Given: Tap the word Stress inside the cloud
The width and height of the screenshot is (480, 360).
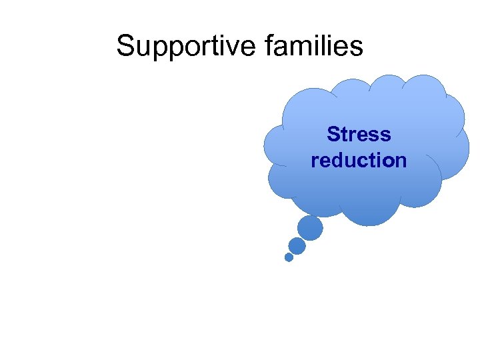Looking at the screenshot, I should pyautogui.click(x=359, y=135).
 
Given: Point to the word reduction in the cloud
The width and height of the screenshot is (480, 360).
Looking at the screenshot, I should pyautogui.click(x=359, y=161).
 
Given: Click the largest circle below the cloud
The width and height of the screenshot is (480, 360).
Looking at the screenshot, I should pyautogui.click(x=310, y=228).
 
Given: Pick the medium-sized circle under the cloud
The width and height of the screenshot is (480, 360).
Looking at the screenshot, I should pyautogui.click(x=297, y=246).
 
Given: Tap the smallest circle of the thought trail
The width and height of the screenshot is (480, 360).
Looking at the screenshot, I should pyautogui.click(x=289, y=257).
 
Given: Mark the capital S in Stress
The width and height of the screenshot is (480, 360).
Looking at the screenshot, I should pyautogui.click(x=333, y=135).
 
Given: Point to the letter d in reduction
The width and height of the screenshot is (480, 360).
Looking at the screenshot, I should pyautogui.click(x=343, y=161).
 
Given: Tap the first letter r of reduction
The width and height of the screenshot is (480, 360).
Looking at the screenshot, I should pyautogui.click(x=315, y=162).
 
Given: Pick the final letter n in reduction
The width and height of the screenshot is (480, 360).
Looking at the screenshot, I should pyautogui.click(x=401, y=162).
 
